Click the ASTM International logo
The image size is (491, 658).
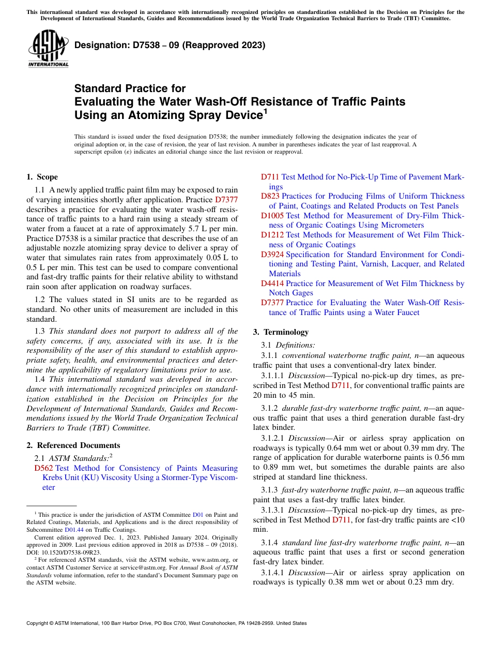48,49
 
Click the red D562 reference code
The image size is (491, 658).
43,468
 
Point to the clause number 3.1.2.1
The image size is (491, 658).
273,438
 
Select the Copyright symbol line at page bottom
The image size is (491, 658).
166,623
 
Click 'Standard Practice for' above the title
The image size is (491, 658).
130,88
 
